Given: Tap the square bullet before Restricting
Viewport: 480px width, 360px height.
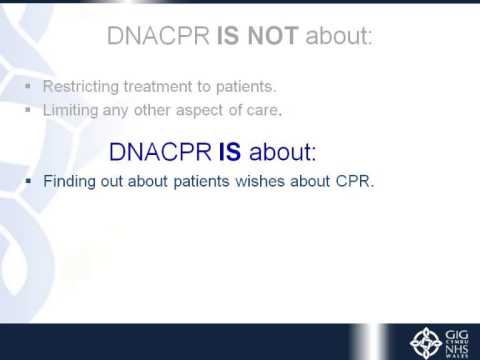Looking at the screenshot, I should pyautogui.click(x=31, y=88).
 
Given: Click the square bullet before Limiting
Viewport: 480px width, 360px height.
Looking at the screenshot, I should pyautogui.click(x=31, y=108).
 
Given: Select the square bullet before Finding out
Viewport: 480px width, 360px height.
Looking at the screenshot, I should pyautogui.click(x=31, y=184).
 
